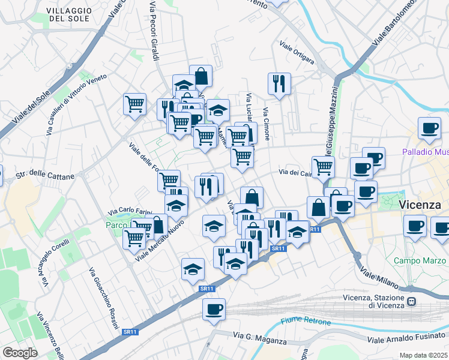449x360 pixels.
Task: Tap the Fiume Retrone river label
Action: [x=306, y=322]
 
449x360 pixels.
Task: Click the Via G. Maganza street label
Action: [x=259, y=340]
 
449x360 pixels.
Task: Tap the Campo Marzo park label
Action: [x=417, y=260]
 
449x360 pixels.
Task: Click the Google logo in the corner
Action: [x=20, y=352]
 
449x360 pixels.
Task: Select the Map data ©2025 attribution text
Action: [x=423, y=355]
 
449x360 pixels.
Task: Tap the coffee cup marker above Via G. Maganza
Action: [x=214, y=310]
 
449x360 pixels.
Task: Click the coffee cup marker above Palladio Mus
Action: [x=430, y=127]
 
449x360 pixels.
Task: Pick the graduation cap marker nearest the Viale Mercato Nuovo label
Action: [x=176, y=206]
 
